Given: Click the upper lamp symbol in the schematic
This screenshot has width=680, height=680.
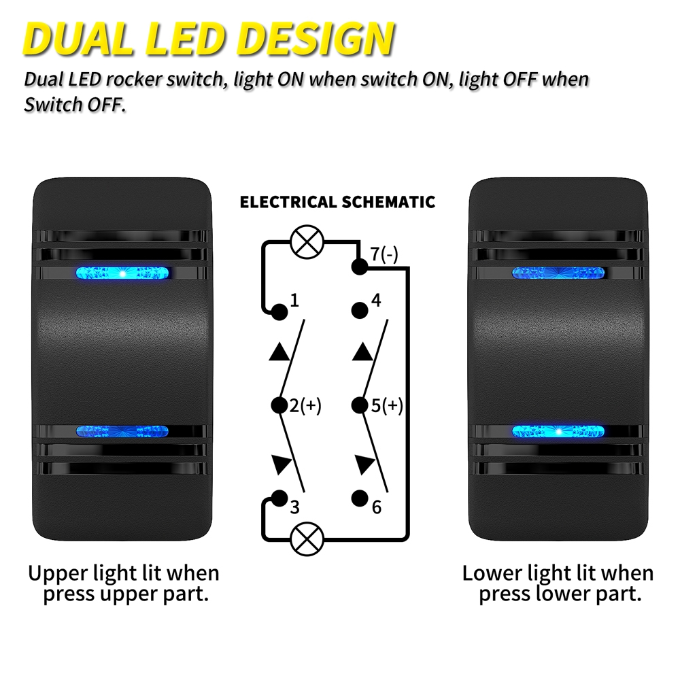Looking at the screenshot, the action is coord(307,242).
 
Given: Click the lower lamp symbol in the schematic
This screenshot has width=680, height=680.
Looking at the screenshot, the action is coord(307,539).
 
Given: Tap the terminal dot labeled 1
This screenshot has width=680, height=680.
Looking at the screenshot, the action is coord(279,311).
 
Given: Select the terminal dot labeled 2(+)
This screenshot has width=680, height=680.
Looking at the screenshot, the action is coord(279,405).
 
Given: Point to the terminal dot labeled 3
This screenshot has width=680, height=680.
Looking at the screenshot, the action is coord(279,498).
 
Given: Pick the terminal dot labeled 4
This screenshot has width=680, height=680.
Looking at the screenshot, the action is coord(360,311).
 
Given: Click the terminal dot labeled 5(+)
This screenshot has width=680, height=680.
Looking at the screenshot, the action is coord(360,405).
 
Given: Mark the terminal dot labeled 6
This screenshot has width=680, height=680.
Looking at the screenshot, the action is coord(360,498).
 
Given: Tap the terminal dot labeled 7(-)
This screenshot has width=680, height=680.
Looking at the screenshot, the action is coord(360,267).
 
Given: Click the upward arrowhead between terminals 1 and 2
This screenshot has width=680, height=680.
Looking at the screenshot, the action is coord(279,352).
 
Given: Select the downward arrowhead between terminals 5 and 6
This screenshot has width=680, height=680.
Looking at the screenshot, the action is coord(364,464).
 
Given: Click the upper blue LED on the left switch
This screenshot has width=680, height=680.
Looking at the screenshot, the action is coord(122,273).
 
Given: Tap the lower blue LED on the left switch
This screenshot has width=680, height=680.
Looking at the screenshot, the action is coord(122,431).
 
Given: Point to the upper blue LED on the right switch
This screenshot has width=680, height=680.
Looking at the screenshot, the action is coord(558,273).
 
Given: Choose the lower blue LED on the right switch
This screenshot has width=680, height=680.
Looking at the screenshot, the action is coord(558,432).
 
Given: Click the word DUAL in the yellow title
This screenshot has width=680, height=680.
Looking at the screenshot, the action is coord(78,39).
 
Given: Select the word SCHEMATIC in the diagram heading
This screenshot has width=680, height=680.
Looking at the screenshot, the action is coord(388,202).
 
